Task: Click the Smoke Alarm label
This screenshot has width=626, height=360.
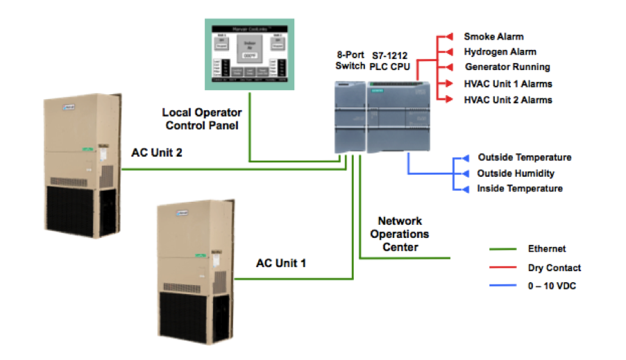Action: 493,36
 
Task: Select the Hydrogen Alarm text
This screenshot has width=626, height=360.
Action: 500,52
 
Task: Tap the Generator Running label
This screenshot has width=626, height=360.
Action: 507,67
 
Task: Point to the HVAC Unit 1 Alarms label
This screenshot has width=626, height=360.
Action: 508,84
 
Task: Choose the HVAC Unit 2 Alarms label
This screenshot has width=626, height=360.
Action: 508,100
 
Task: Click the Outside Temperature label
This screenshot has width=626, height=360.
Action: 524,157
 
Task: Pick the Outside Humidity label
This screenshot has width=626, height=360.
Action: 516,173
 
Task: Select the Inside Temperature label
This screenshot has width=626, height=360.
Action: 519,189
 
